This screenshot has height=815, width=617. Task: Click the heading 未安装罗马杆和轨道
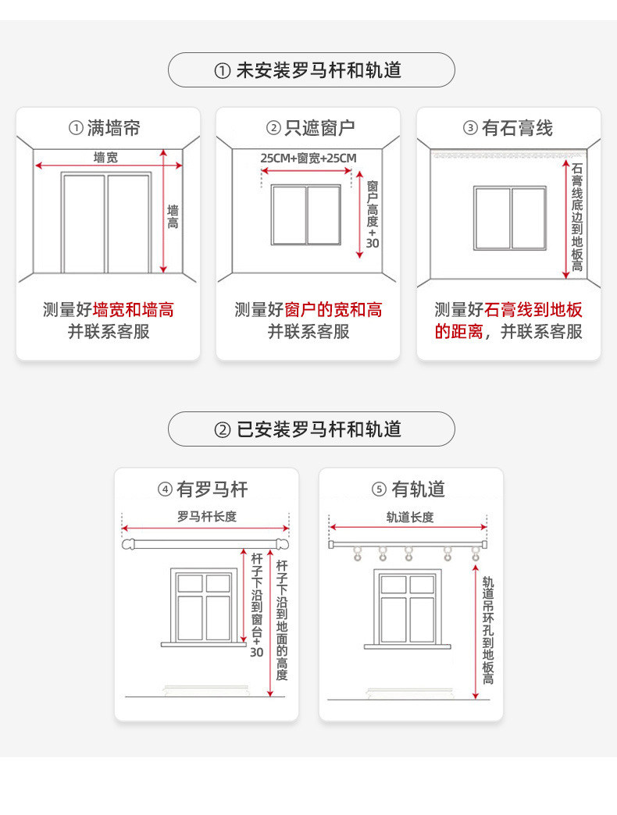pyautogui.click(x=311, y=70)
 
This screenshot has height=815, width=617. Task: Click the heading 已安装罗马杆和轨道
pyautogui.click(x=311, y=429)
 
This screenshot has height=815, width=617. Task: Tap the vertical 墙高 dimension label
pyautogui.click(x=173, y=216)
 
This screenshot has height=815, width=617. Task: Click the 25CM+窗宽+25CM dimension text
pyautogui.click(x=308, y=158)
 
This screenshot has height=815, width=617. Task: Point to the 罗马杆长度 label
pyautogui.click(x=206, y=517)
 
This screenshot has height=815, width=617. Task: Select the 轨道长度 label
pyautogui.click(x=409, y=517)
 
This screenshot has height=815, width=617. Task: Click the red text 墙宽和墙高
pyautogui.click(x=134, y=310)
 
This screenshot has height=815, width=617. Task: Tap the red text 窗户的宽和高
pyautogui.click(x=333, y=310)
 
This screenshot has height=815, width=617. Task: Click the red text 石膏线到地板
pyautogui.click(x=534, y=310)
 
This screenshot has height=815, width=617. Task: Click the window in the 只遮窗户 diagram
pyautogui.click(x=306, y=215)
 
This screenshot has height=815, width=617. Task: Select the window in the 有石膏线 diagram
pyautogui.click(x=509, y=218)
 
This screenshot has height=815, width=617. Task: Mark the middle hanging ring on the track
pyautogui.click(x=409, y=553)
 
